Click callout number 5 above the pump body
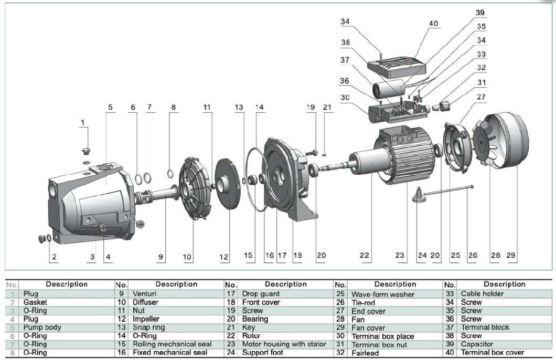(110, 107)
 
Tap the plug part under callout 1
(87, 152)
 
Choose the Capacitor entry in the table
(476, 344)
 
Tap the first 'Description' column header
(67, 284)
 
